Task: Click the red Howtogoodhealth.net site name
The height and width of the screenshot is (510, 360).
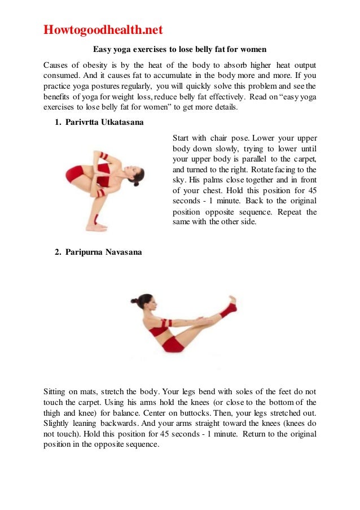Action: [103, 29]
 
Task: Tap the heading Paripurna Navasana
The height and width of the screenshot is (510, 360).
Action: [103, 252]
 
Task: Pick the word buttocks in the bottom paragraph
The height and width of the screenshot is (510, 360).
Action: [234, 424]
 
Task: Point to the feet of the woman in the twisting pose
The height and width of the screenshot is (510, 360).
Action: [97, 227]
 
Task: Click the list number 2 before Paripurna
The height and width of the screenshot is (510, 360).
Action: [58, 252]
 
